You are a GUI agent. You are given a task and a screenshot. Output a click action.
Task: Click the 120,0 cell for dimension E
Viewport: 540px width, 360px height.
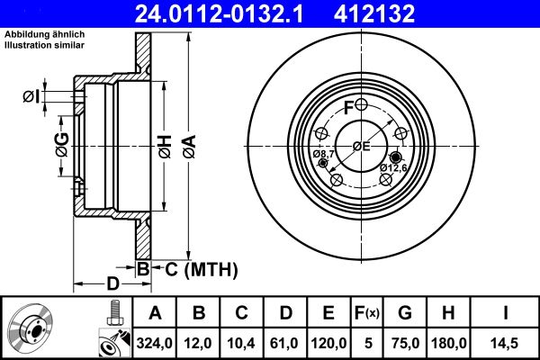328,343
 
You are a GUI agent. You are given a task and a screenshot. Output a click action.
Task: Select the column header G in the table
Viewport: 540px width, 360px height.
405,313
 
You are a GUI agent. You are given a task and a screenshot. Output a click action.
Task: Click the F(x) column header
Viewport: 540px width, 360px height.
367,313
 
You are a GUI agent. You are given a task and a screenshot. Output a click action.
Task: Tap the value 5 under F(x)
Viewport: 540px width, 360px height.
367,343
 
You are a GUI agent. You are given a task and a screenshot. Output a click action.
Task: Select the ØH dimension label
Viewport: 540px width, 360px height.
165,144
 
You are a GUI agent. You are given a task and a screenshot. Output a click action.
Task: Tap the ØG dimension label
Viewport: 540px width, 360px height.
61,143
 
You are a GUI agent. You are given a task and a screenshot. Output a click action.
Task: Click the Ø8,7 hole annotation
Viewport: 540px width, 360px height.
324,156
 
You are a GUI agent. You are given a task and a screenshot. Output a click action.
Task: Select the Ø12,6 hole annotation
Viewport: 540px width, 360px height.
392,167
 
